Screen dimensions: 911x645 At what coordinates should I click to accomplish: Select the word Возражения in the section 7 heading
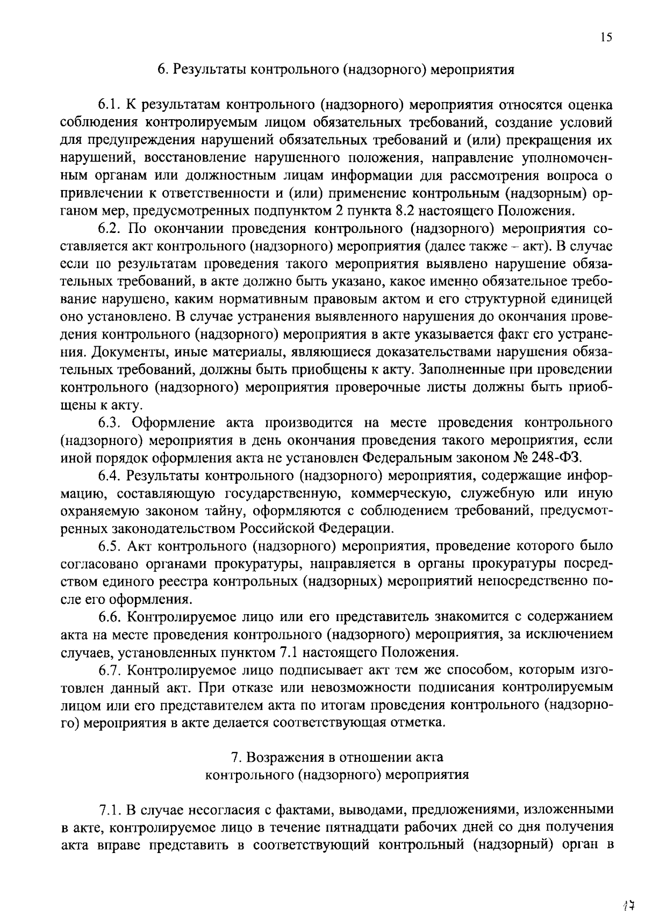pos(283,757)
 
